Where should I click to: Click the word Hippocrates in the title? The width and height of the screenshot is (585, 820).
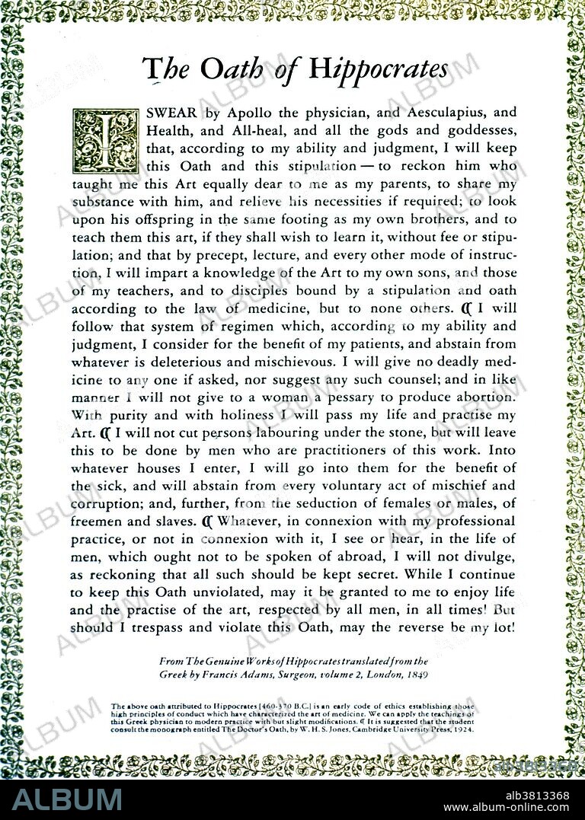coord(378,69)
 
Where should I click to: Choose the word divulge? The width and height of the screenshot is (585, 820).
coord(483,557)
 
